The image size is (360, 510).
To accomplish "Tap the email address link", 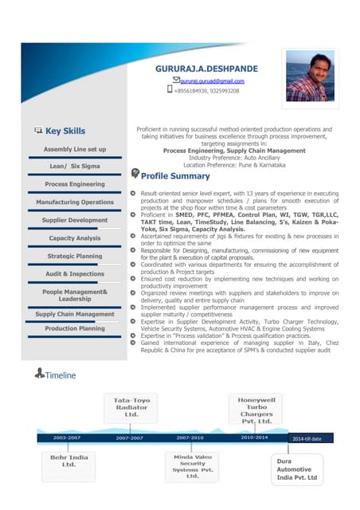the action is pos(211,80).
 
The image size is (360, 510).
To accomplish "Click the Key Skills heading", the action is pos(65,131).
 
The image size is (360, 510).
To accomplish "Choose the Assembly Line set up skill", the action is pos(75,149).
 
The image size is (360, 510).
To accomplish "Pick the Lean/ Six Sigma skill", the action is pos(75,167).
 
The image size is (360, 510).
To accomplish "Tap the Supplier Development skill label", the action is pos(75,220).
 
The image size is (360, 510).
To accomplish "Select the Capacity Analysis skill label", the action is pos(75,238).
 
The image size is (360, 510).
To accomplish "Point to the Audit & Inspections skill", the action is pos(75,274).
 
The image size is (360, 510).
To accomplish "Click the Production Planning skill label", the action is pos(75,328).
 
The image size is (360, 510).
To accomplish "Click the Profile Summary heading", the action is pos(174,176).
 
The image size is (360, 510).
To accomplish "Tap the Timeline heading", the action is pos(60,375).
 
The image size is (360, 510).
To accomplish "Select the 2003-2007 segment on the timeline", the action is pos(67,437).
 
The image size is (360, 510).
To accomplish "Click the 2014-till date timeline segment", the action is pos(307,438).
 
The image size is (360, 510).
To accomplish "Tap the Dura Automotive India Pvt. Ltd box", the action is pos(296,469).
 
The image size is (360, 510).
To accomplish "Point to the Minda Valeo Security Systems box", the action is pos(192,467).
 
